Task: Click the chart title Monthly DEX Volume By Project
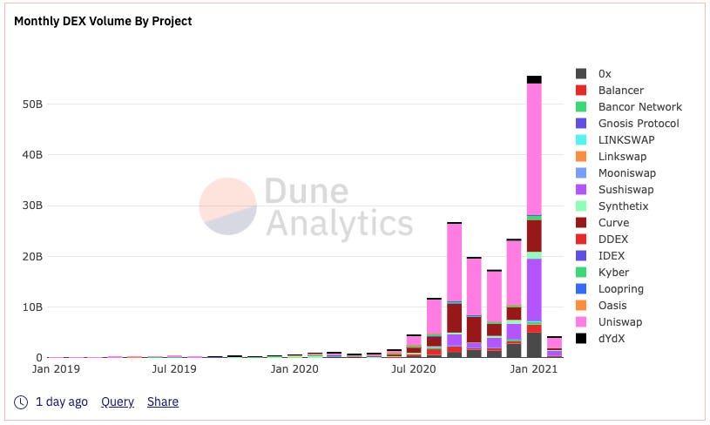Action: (103, 21)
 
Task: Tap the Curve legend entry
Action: (613, 223)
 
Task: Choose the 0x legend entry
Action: (605, 74)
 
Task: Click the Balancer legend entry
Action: (620, 91)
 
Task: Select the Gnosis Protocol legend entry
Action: (638, 124)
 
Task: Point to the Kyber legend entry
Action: (613, 273)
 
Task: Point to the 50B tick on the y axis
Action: (31, 105)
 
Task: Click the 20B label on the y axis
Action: (31, 257)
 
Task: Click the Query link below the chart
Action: (118, 401)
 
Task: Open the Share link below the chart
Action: (163, 401)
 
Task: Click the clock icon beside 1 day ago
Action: (22, 401)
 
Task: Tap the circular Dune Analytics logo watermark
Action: (228, 206)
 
